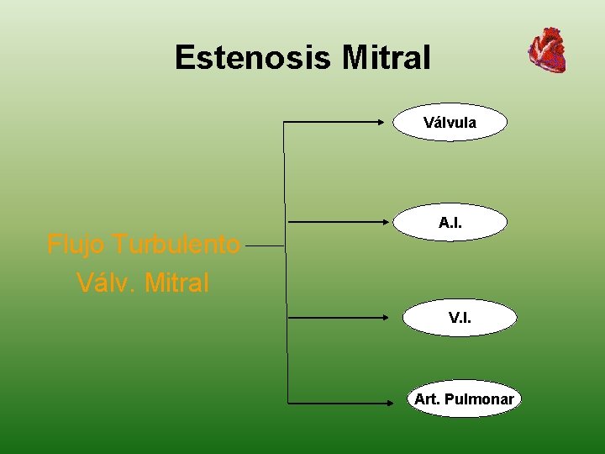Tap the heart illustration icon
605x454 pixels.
(547, 50)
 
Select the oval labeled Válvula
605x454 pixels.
(450, 123)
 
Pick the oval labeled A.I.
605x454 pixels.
(450, 223)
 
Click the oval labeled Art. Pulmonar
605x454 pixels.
(463, 399)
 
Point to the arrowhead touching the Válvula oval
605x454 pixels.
(390, 123)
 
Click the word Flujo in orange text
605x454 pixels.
(76, 245)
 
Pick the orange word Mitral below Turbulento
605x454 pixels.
(176, 283)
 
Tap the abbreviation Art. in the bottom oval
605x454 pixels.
(427, 399)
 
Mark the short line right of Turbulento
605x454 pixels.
(266, 247)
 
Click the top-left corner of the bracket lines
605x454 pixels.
(284, 124)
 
